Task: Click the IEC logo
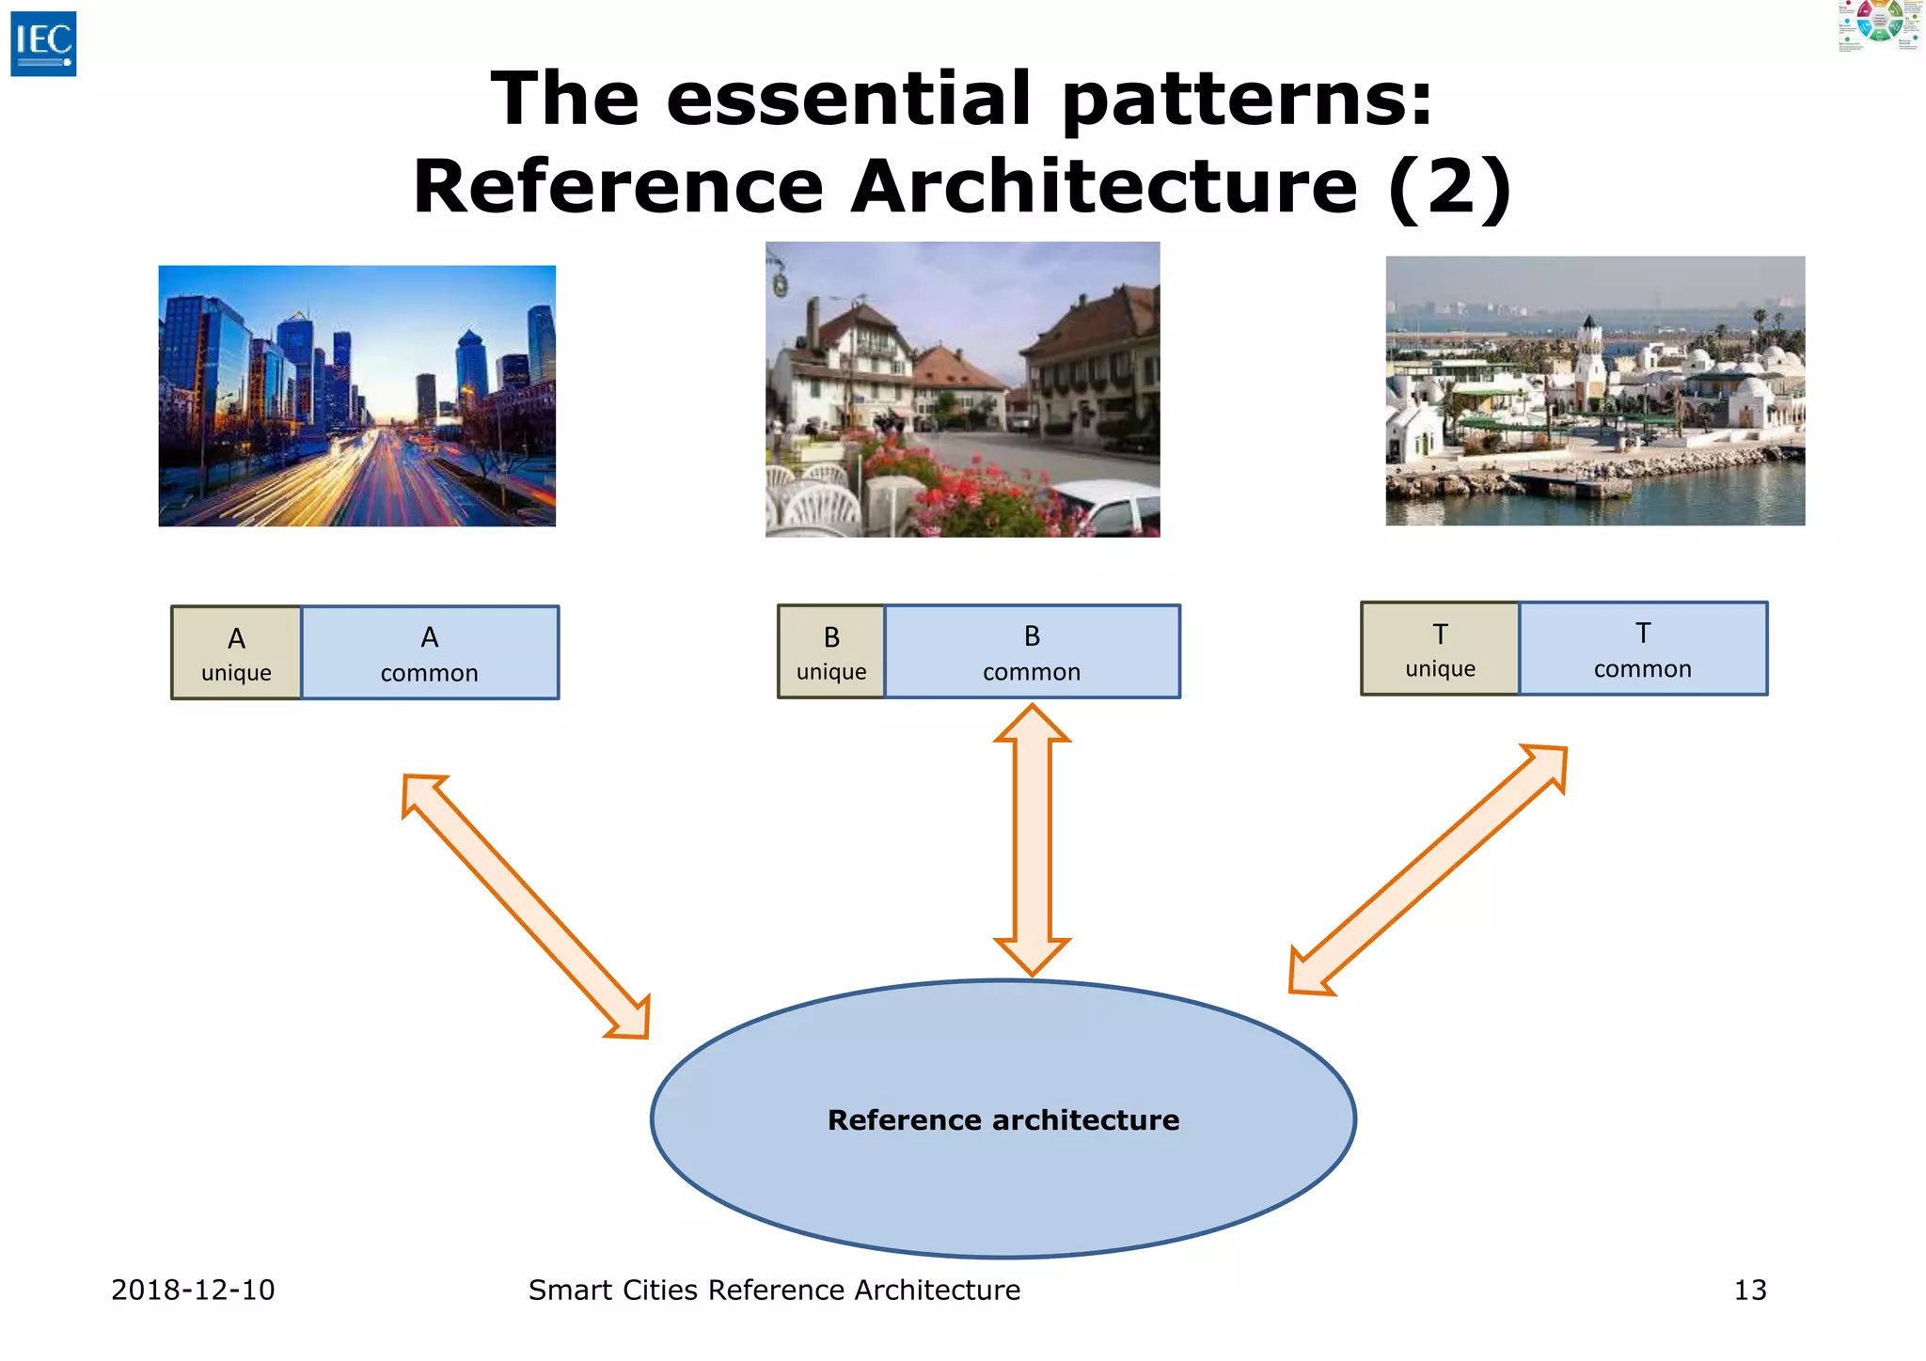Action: coord(43,44)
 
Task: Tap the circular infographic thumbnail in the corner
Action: coord(1880,24)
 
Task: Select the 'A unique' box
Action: coord(236,653)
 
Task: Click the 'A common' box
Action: coord(430,653)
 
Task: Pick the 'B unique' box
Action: coord(831,652)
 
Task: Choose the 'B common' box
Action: coord(1032,652)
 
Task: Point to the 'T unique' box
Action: coord(1440,649)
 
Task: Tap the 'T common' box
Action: coord(1642,649)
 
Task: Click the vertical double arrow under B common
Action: coord(1032,839)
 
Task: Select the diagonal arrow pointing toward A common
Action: coord(526,906)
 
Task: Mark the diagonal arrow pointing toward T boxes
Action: coord(1428,869)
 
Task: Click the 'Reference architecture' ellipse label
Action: coord(1002,1120)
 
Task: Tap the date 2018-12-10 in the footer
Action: coord(193,1291)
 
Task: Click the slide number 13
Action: coord(1749,1291)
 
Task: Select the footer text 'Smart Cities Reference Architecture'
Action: coord(774,1291)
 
